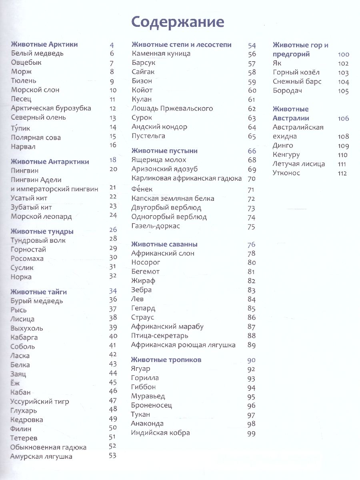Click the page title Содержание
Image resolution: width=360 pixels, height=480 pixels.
click(x=178, y=22)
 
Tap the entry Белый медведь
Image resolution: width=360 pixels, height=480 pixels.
click(x=38, y=54)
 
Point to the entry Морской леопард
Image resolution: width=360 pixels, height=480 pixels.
click(x=42, y=216)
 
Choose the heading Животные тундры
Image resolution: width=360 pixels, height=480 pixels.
click(x=42, y=232)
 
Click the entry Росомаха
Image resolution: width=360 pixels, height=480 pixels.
click(x=28, y=259)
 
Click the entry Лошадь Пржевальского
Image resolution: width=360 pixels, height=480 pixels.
click(x=172, y=108)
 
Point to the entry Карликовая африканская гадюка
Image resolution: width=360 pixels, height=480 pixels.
click(x=186, y=178)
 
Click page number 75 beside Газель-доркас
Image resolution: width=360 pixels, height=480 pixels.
click(x=251, y=227)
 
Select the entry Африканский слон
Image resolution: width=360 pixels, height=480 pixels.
click(x=163, y=253)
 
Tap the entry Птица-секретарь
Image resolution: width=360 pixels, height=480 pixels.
click(x=160, y=336)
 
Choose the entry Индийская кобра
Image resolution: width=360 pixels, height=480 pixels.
click(x=160, y=433)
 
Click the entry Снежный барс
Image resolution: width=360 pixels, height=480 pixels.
click(x=297, y=82)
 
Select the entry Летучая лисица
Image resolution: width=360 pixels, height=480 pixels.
click(x=299, y=164)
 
